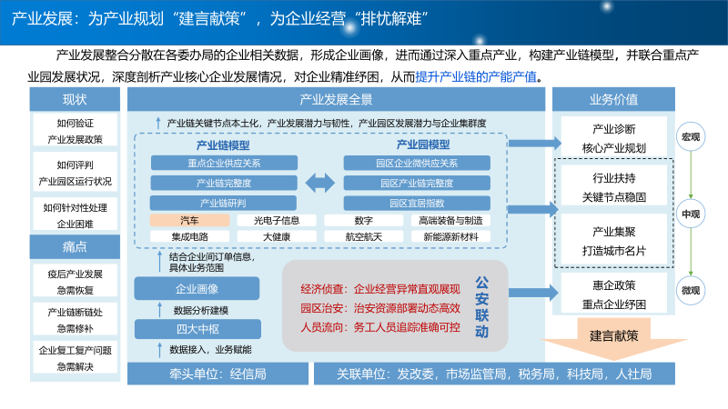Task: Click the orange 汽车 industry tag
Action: click(x=189, y=220)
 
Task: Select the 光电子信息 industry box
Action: click(x=277, y=220)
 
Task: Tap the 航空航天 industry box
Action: click(x=364, y=236)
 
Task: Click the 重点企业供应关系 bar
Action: click(x=224, y=164)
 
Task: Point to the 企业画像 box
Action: click(x=197, y=289)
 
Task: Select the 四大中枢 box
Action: click(x=197, y=328)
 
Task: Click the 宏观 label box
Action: click(x=692, y=138)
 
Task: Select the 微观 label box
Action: click(x=692, y=291)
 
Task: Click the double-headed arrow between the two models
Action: click(x=320, y=183)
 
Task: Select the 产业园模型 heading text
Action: click(x=422, y=145)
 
